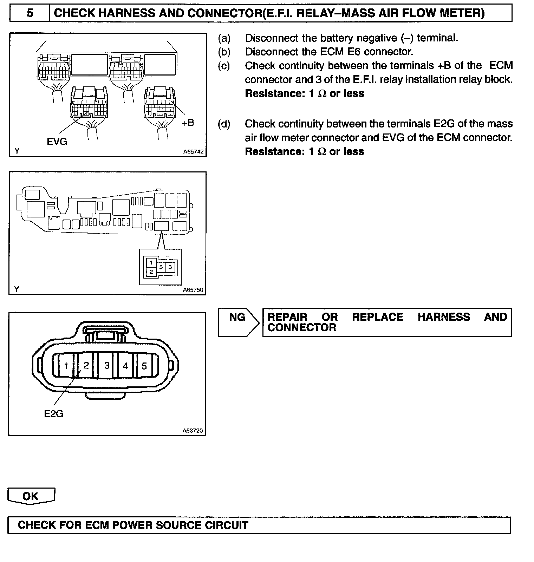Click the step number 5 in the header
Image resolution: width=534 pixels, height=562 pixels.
pyautogui.click(x=30, y=13)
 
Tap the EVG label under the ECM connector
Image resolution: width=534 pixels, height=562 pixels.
pyautogui.click(x=57, y=142)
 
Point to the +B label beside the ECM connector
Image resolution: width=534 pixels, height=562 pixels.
pyautogui.click(x=188, y=123)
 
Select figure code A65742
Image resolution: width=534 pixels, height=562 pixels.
pyautogui.click(x=193, y=152)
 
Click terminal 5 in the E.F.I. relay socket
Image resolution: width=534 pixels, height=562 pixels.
pyautogui.click(x=161, y=267)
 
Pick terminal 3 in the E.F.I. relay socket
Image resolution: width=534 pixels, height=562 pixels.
pyautogui.click(x=170, y=267)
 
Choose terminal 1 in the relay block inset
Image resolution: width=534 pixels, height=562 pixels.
pyautogui.click(x=151, y=263)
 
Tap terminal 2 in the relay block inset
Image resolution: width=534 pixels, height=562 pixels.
pyautogui.click(x=151, y=272)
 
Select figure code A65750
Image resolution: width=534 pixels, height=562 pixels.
pyautogui.click(x=193, y=290)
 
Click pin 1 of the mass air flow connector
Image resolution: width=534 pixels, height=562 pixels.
pyautogui.click(x=66, y=366)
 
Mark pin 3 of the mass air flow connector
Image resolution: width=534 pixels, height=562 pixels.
pyautogui.click(x=107, y=366)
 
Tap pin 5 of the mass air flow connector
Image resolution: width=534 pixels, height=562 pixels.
pyautogui.click(x=144, y=366)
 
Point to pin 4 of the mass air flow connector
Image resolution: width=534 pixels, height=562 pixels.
pyautogui.click(x=125, y=366)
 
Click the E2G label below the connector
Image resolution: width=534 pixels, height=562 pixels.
pyautogui.click(x=54, y=414)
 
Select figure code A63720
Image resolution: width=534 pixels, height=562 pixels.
pyautogui.click(x=193, y=431)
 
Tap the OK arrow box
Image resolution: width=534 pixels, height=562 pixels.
pyautogui.click(x=31, y=496)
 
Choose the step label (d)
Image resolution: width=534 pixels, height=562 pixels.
pyautogui.click(x=224, y=124)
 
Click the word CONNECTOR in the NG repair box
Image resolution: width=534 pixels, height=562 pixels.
pyautogui.click(x=302, y=328)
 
